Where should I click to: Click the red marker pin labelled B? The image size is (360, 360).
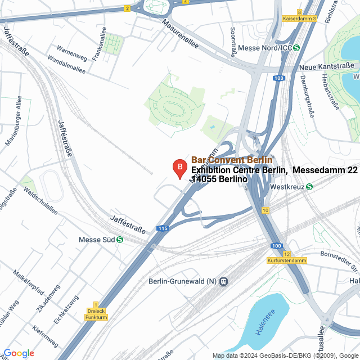179,168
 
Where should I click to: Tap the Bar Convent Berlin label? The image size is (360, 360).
232,160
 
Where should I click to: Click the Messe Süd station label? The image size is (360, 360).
97,240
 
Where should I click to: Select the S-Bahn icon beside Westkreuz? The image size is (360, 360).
310,186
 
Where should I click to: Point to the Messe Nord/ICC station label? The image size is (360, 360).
265,48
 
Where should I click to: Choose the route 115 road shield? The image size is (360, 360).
163,228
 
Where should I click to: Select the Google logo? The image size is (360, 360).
19,353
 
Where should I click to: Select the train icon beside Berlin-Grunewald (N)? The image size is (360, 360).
223,281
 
